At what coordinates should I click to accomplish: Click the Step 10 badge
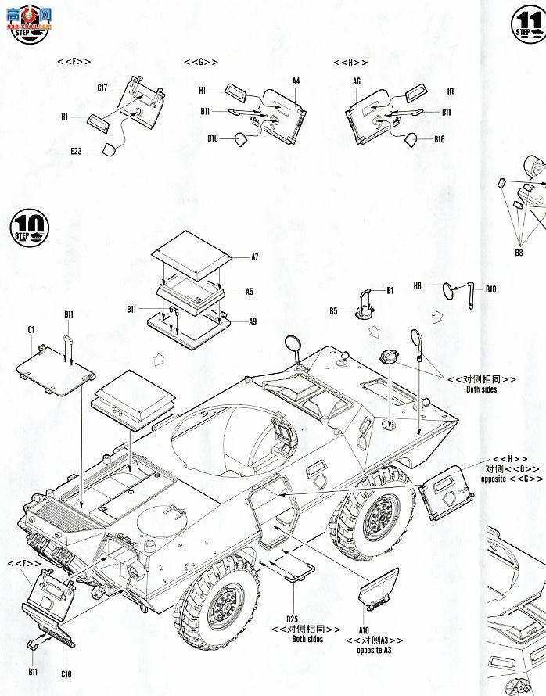click(x=29, y=226)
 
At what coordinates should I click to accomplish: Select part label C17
click(x=102, y=88)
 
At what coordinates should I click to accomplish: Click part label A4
click(x=296, y=81)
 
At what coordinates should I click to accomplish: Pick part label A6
click(x=357, y=81)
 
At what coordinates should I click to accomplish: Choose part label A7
click(x=254, y=257)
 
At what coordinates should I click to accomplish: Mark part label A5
click(x=249, y=291)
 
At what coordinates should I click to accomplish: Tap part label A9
click(x=252, y=321)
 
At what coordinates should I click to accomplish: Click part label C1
click(x=31, y=329)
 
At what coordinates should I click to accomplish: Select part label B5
click(x=333, y=310)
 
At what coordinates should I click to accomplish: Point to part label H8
click(x=418, y=287)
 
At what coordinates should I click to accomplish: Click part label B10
click(x=490, y=289)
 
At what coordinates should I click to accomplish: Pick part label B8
click(x=519, y=253)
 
